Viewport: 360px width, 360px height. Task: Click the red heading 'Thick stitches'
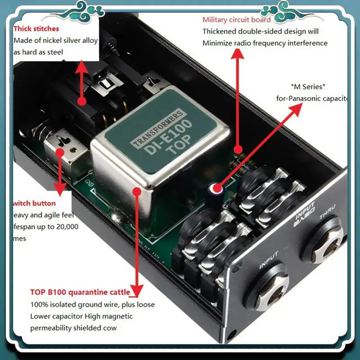(x=36, y=29)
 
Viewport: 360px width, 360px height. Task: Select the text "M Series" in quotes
(x=308, y=86)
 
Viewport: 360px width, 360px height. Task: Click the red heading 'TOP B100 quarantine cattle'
(x=80, y=292)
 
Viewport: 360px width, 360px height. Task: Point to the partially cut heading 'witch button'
(x=35, y=203)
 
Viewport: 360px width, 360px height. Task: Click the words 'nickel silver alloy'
(x=73, y=40)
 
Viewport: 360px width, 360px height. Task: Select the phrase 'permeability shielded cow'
(x=73, y=328)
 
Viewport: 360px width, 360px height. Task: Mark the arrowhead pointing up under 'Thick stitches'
(x=82, y=67)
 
